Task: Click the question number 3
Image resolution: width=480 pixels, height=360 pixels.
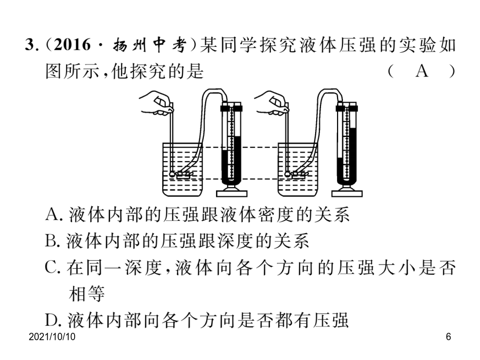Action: (30, 45)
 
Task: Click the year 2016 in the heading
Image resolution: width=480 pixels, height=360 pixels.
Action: (72, 45)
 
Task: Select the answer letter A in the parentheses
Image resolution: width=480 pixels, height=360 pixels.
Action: (421, 71)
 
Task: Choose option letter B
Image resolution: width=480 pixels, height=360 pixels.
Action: (51, 241)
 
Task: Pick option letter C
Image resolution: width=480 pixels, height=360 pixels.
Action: (51, 267)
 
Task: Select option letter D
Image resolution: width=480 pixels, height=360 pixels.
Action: (51, 320)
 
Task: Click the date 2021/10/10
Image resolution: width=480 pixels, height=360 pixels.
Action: (52, 337)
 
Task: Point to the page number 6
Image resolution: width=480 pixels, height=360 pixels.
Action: (449, 337)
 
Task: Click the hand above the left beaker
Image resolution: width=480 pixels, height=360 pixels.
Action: (157, 103)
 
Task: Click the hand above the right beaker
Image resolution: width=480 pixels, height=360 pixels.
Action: (272, 103)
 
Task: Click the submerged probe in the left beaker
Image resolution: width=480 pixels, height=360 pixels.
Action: (181, 175)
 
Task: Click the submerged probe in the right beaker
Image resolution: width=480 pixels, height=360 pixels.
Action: (297, 175)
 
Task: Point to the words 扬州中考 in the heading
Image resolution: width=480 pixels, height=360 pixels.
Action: (150, 45)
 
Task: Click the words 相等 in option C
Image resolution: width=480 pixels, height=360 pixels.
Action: (87, 294)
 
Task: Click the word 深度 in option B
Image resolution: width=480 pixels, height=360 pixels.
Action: (236, 241)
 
